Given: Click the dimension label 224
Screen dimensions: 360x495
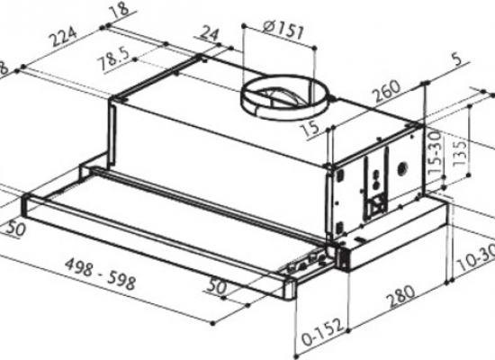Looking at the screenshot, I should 61,40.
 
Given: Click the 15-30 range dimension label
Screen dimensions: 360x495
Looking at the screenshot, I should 435,151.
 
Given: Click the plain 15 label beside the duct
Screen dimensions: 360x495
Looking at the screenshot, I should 312,130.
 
